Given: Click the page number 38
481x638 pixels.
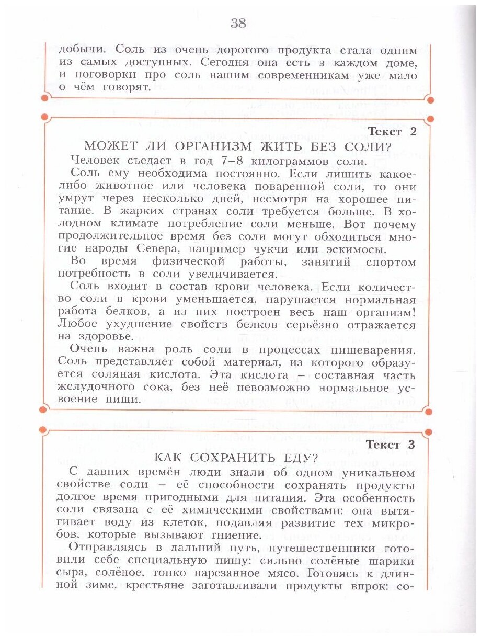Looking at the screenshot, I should (238, 23).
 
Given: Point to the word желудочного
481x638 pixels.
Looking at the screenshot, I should (95, 388).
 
